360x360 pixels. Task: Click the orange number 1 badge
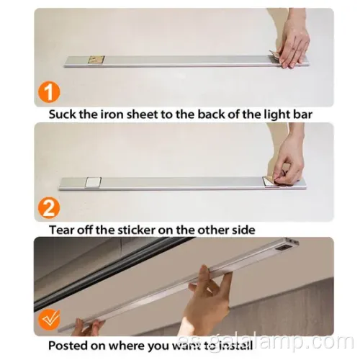click(x=49, y=93)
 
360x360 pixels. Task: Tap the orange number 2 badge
click(x=49, y=208)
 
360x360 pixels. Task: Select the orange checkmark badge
click(x=49, y=320)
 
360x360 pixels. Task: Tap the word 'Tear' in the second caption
click(x=59, y=230)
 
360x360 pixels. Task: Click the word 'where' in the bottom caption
click(x=126, y=346)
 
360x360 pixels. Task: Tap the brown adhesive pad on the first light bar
click(x=96, y=60)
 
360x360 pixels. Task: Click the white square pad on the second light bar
click(x=93, y=182)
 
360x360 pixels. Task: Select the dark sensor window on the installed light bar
click(x=285, y=250)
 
